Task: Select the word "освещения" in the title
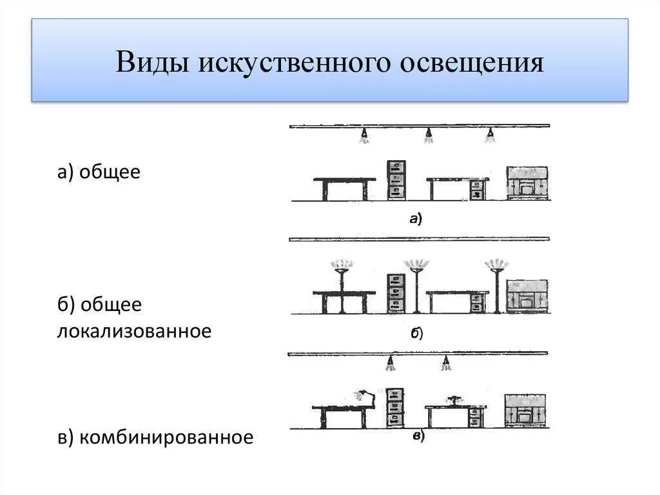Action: coord(472,63)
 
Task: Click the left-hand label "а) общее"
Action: coord(98,172)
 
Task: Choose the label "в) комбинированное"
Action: coord(155,437)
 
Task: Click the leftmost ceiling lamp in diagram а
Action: coord(364,135)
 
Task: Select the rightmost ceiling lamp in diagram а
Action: coord(491,135)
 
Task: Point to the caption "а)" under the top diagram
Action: coord(415,219)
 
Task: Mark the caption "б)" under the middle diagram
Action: coord(416,333)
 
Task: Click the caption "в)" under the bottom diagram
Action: coord(418,437)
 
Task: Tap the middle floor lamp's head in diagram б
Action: coord(416,265)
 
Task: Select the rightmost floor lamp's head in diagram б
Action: coord(496,265)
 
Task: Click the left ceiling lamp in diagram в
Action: coord(389,365)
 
